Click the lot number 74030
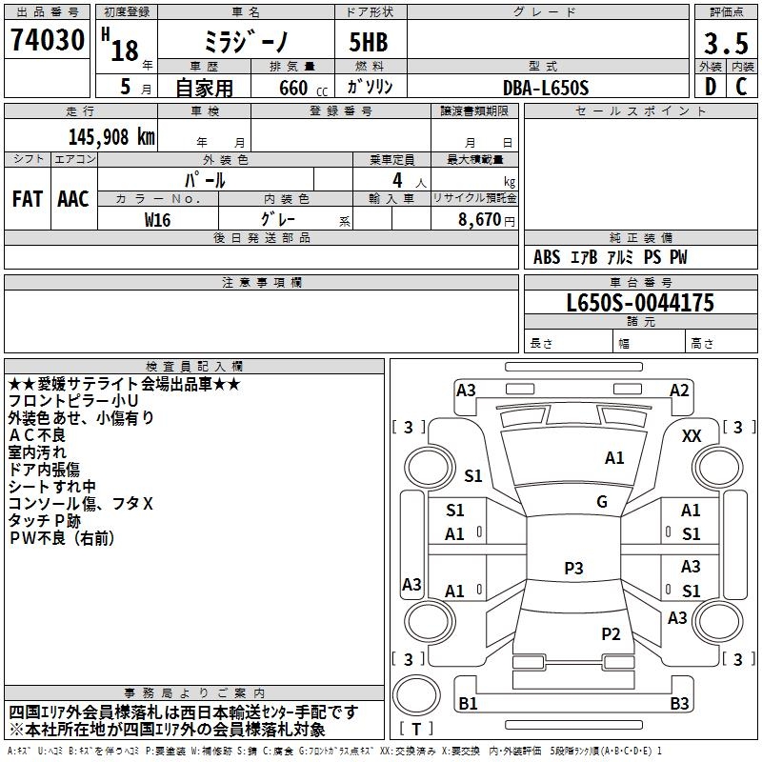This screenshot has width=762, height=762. tap(48, 39)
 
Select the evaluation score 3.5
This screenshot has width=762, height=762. tap(726, 44)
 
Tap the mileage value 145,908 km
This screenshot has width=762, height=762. tap(111, 136)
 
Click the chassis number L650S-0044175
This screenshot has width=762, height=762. tap(640, 303)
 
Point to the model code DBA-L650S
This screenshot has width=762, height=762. tap(546, 88)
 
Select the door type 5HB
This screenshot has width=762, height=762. tap(369, 42)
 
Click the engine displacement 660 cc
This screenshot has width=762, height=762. tap(303, 89)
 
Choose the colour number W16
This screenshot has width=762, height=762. tap(157, 220)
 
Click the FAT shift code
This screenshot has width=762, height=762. tap(28, 199)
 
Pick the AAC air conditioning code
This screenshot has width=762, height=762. tap(73, 199)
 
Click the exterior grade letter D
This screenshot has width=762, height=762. tap(711, 87)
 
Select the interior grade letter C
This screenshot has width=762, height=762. tap(742, 87)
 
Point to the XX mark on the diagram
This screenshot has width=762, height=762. tap(692, 436)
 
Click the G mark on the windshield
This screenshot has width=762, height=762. tap(602, 502)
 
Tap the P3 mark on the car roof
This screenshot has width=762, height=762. tap(573, 568)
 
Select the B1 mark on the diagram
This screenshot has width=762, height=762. tap(468, 703)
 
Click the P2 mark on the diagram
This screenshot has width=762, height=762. tap(611, 634)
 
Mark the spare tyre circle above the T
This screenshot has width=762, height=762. tap(416, 695)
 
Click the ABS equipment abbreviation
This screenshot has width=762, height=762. tap(547, 257)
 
